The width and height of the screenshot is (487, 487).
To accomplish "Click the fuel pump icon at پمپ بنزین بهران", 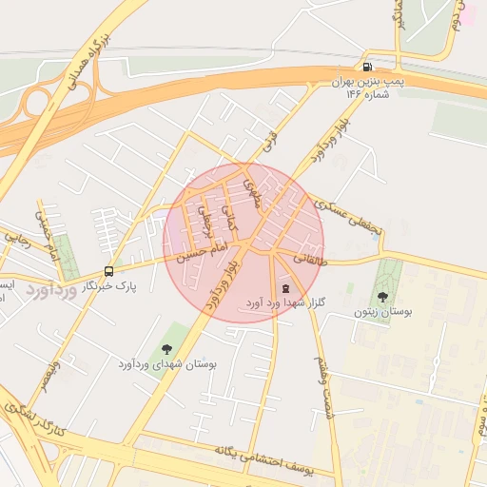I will (x=367, y=67).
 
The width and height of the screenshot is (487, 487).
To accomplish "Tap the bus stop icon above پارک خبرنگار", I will (x=109, y=271).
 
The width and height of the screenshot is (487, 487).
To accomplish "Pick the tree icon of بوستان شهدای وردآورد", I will (x=168, y=349).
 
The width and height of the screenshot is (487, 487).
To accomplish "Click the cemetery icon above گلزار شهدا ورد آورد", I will (x=286, y=288).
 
